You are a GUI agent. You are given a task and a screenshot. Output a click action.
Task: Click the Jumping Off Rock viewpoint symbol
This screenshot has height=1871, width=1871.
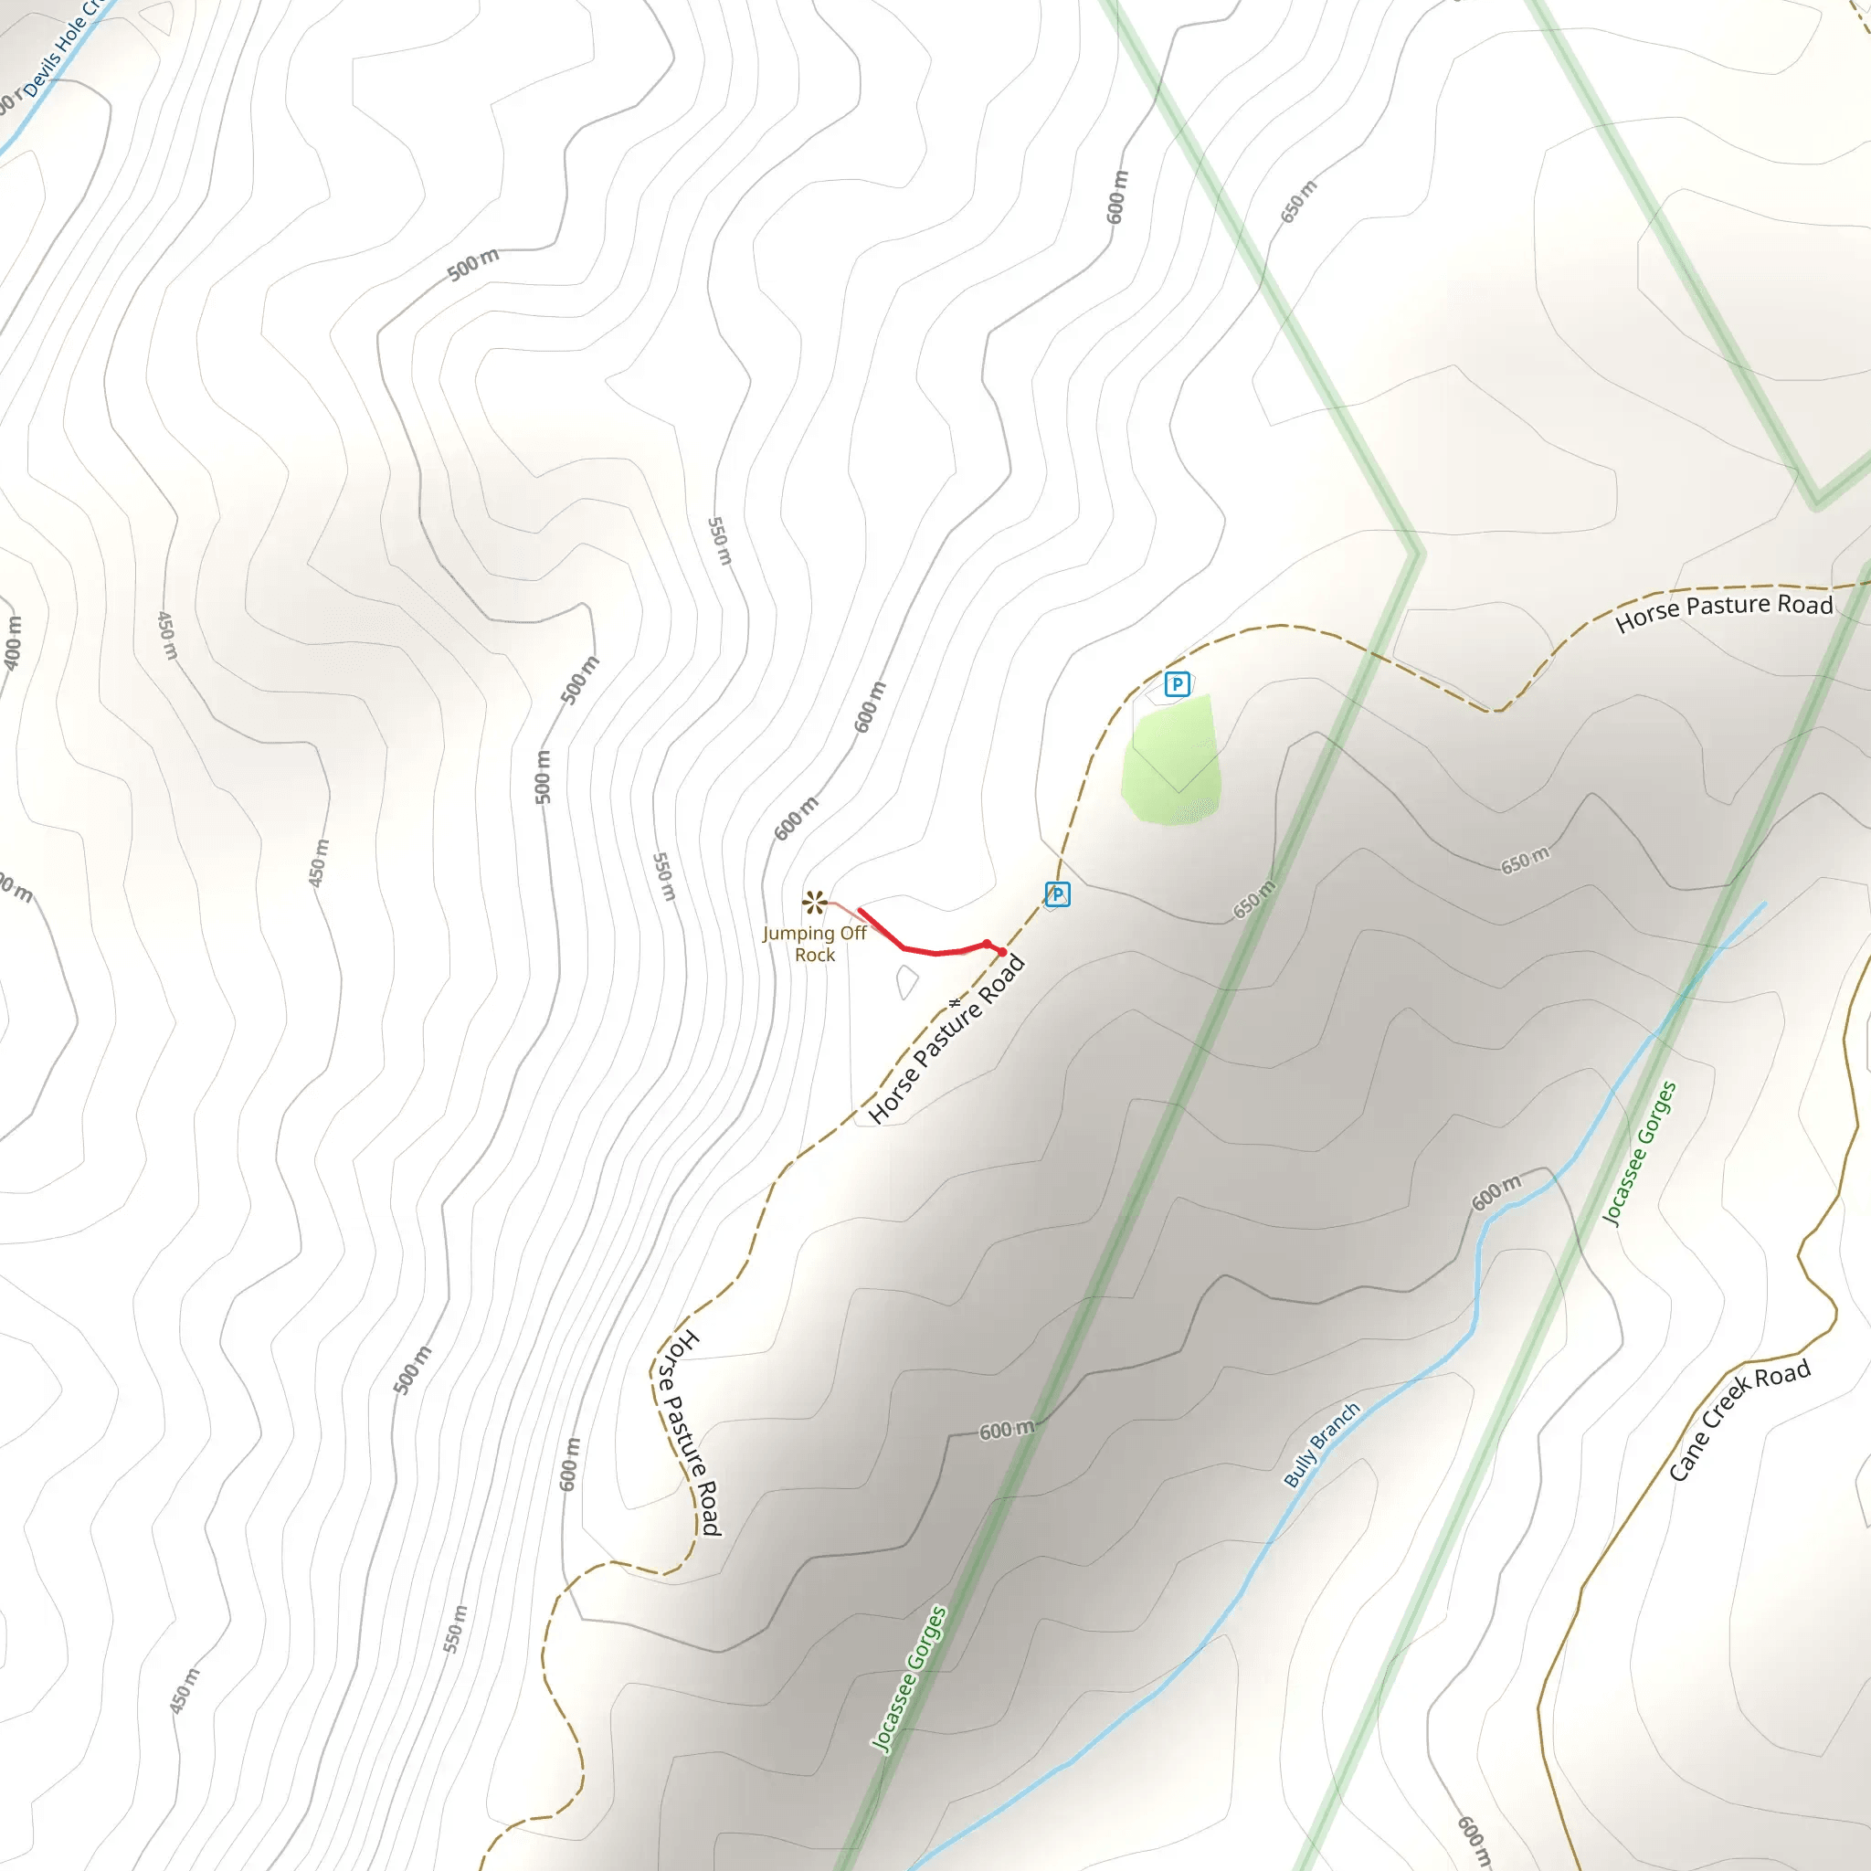point(813,903)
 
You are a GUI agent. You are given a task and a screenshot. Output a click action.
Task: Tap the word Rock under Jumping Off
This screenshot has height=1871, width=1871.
point(814,955)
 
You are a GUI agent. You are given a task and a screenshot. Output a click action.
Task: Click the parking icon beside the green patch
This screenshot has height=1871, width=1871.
point(1177,684)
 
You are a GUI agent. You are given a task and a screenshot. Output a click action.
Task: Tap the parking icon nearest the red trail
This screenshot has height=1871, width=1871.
point(1058,893)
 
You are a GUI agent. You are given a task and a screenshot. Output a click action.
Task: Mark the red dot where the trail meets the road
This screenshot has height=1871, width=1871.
point(1001,952)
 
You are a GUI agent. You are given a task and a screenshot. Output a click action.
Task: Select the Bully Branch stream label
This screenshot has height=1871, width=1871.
point(1321,1444)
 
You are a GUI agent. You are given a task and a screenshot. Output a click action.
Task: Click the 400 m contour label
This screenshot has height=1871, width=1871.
point(12,642)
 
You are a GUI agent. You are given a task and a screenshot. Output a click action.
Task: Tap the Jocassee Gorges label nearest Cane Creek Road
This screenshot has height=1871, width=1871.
point(1639,1154)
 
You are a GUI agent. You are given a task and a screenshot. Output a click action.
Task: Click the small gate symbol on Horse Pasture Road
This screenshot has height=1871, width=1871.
point(955,1002)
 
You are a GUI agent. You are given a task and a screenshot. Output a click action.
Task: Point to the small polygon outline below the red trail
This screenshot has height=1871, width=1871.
point(906,982)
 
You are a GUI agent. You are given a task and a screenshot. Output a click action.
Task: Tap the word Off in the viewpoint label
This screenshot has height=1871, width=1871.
point(853,934)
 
